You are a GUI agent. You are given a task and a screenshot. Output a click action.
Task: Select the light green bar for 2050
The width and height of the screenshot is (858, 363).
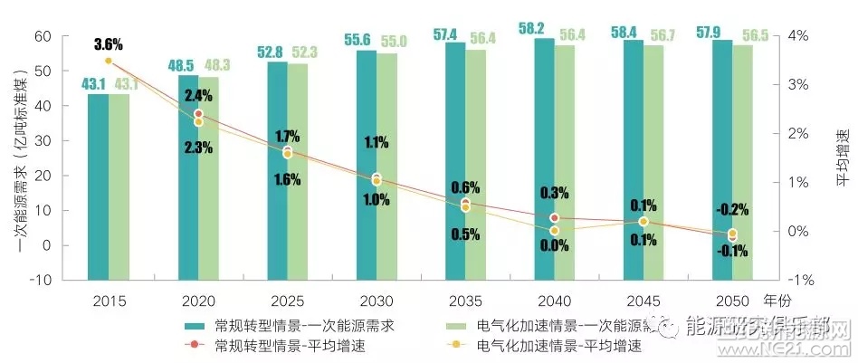[742, 163]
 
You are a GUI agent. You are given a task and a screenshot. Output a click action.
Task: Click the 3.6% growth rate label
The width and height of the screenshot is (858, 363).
[108, 43]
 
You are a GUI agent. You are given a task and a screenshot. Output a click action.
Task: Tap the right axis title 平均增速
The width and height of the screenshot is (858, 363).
[844, 158]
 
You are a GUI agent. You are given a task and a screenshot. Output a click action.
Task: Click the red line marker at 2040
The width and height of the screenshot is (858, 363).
[554, 217]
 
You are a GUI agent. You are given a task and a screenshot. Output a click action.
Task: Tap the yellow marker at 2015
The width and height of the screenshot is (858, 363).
[108, 61]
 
